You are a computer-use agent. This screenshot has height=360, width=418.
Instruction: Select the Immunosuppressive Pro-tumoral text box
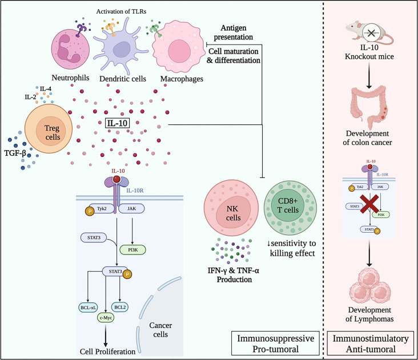[276, 343]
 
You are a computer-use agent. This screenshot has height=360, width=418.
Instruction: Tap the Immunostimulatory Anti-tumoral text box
[372, 343]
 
